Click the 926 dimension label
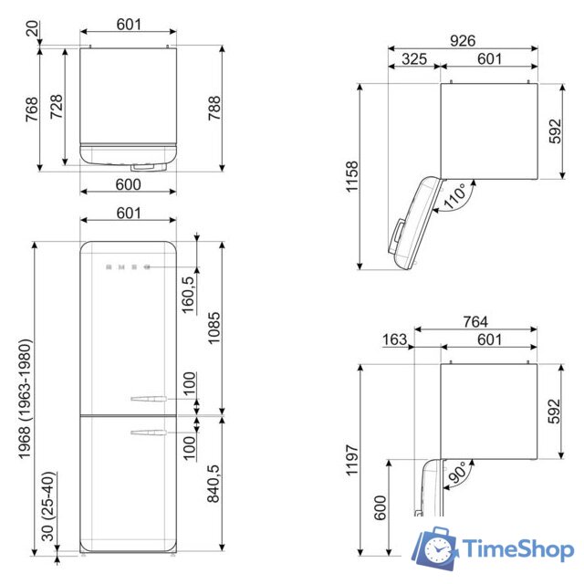pyautogui.click(x=463, y=40)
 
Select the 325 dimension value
pyautogui.click(x=414, y=59)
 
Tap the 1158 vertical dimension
pyautogui.click(x=352, y=178)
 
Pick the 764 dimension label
pyautogui.click(x=474, y=321)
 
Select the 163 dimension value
pyautogui.click(x=395, y=340)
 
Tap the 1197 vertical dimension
pyautogui.click(x=352, y=462)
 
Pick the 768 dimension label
pyautogui.click(x=31, y=109)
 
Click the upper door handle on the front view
pyautogui.click(x=149, y=398)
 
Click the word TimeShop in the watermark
pyautogui.click(x=517, y=549)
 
